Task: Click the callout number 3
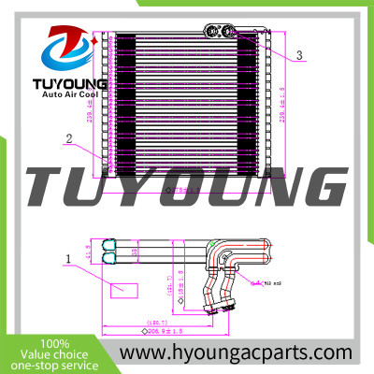point(299,56)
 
